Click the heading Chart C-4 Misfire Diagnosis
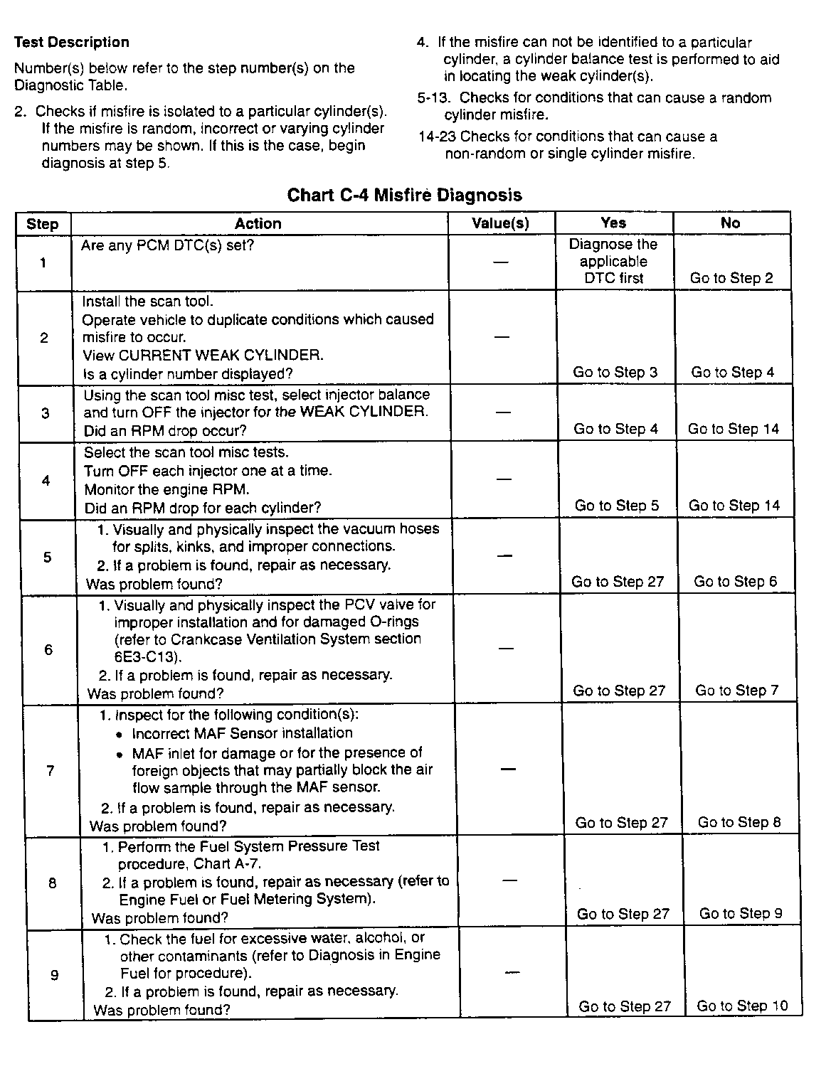404,196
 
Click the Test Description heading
71,43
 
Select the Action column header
258,223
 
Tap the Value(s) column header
501,223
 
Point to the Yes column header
613,223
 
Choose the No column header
731,223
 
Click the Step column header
43,224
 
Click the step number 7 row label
50,770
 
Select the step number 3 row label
46,413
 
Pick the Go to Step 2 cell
731,278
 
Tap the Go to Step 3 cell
615,372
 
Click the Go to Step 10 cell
743,1006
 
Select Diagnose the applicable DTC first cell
613,261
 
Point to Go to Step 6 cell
736,582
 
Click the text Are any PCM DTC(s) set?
168,245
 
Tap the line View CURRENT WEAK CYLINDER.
203,356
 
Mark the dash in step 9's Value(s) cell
512,972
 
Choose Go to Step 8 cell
739,822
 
